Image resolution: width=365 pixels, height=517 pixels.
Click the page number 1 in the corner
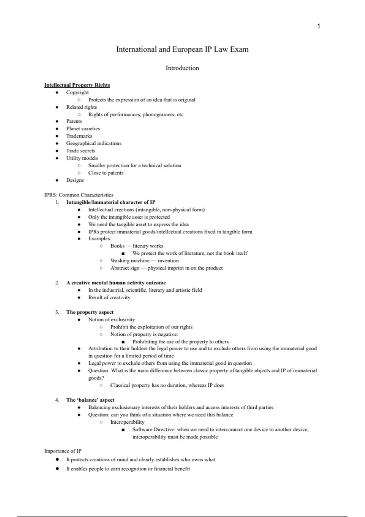[318, 26]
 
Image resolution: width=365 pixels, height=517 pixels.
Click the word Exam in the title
[239, 49]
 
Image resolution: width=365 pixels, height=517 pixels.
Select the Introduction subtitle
[182, 68]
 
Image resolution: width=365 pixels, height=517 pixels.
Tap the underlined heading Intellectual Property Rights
[77, 85]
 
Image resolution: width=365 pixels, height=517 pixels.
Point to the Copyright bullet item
[77, 92]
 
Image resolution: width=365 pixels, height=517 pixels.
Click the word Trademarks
[79, 136]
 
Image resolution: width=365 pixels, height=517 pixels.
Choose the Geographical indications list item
[94, 143]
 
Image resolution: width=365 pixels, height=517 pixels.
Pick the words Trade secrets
[81, 151]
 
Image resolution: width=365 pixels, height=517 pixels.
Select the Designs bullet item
[75, 180]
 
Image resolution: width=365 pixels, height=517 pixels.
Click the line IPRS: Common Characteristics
[79, 195]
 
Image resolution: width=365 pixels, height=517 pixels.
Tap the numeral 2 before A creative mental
[57, 283]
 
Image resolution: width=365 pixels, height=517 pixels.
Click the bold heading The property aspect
[90, 312]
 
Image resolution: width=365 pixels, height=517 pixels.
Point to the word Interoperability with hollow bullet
[127, 422]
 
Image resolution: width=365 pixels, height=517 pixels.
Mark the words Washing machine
[130, 261]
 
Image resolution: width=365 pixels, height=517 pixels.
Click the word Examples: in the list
[100, 239]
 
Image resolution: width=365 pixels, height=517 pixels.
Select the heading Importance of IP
[63, 451]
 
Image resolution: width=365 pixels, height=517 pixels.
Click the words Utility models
[82, 158]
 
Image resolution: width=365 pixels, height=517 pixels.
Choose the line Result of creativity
[109, 297]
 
